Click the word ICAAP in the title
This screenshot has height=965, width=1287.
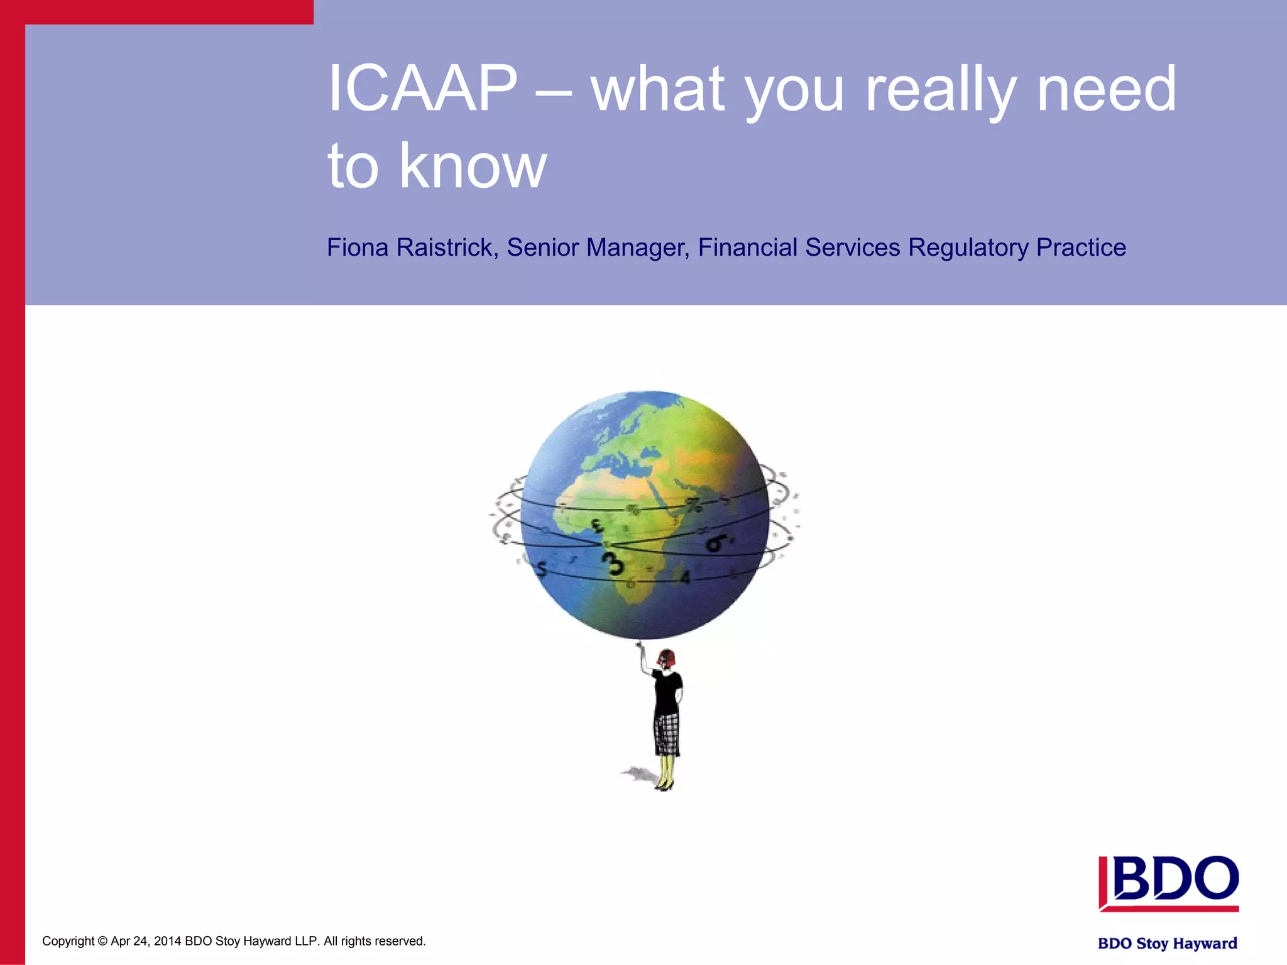click(x=422, y=89)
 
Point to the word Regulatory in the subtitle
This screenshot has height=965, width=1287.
click(x=968, y=248)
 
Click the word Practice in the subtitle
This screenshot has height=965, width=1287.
click(x=1081, y=248)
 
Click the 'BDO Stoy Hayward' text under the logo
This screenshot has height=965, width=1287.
click(x=1167, y=943)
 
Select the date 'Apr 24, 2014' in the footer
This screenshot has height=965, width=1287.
click(x=146, y=941)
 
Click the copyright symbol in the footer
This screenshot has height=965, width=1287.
click(x=102, y=941)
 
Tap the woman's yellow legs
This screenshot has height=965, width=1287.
click(x=665, y=770)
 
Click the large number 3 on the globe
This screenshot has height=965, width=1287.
click(x=613, y=562)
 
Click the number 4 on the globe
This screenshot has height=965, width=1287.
click(x=685, y=577)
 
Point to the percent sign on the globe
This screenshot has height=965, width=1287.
click(x=694, y=505)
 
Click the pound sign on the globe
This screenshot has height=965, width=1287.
click(x=597, y=525)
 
